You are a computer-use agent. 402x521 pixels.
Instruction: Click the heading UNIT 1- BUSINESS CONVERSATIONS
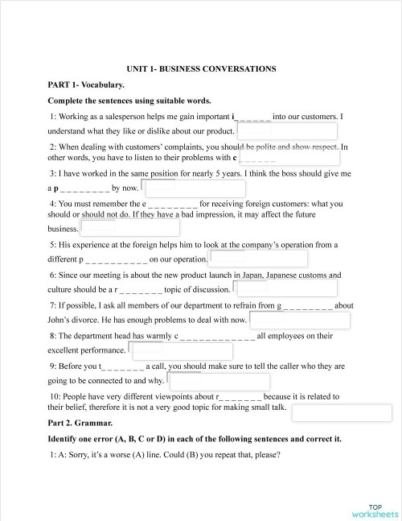pyautogui.click(x=201, y=69)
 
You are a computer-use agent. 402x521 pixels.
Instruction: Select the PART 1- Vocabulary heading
pyautogui.click(x=86, y=85)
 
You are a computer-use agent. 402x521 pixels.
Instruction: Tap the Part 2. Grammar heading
pyautogui.click(x=80, y=423)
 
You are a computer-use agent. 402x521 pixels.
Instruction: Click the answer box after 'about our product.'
pyautogui.click(x=286, y=131)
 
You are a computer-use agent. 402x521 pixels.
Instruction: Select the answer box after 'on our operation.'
pyautogui.click(x=259, y=258)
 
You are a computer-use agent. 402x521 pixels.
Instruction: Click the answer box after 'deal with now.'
pyautogui.click(x=300, y=320)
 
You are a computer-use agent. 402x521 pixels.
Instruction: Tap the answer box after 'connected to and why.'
pyautogui.click(x=219, y=381)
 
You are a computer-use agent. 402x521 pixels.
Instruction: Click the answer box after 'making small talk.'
pyautogui.click(x=342, y=412)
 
